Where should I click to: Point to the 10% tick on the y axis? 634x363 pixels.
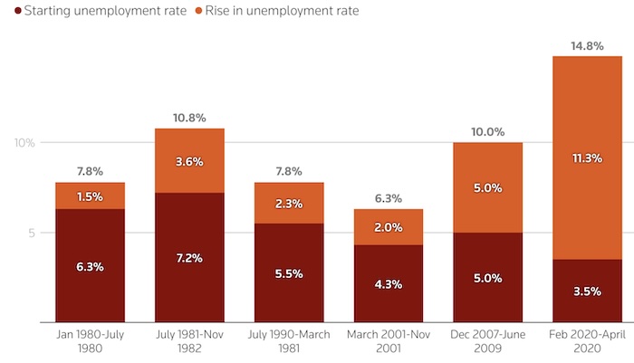tap(24, 143)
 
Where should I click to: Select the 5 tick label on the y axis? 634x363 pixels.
tap(29, 233)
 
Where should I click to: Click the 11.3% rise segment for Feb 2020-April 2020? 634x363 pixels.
tap(586, 158)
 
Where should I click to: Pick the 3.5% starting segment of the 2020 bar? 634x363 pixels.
tap(586, 291)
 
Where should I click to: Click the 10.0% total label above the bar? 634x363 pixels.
tap(487, 131)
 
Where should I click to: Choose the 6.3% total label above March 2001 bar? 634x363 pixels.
tap(388, 198)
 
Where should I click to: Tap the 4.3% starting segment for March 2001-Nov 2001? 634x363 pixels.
tap(388, 283)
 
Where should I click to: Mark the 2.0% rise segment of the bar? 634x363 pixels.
tap(388, 227)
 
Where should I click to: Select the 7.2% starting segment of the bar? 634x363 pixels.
tap(189, 258)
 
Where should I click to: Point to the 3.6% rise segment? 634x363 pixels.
tap(189, 161)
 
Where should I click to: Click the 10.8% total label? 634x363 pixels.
tap(189, 117)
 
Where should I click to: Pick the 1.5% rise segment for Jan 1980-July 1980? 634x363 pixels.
tap(90, 196)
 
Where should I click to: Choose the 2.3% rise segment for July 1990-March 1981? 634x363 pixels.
tap(289, 204)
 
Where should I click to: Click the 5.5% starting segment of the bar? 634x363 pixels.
tap(289, 272)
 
